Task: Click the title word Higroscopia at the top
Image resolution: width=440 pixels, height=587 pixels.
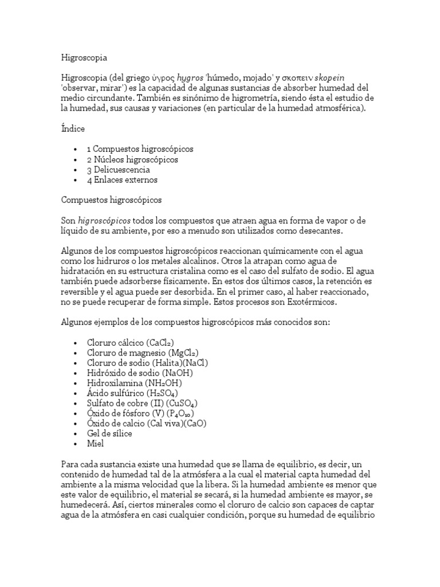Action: [84, 58]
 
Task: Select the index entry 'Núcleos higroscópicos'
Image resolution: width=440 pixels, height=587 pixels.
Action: [132, 159]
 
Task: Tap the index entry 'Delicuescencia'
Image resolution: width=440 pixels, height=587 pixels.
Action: [119, 170]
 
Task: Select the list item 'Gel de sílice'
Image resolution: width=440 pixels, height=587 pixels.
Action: [109, 433]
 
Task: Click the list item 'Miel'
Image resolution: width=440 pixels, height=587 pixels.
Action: [95, 444]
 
